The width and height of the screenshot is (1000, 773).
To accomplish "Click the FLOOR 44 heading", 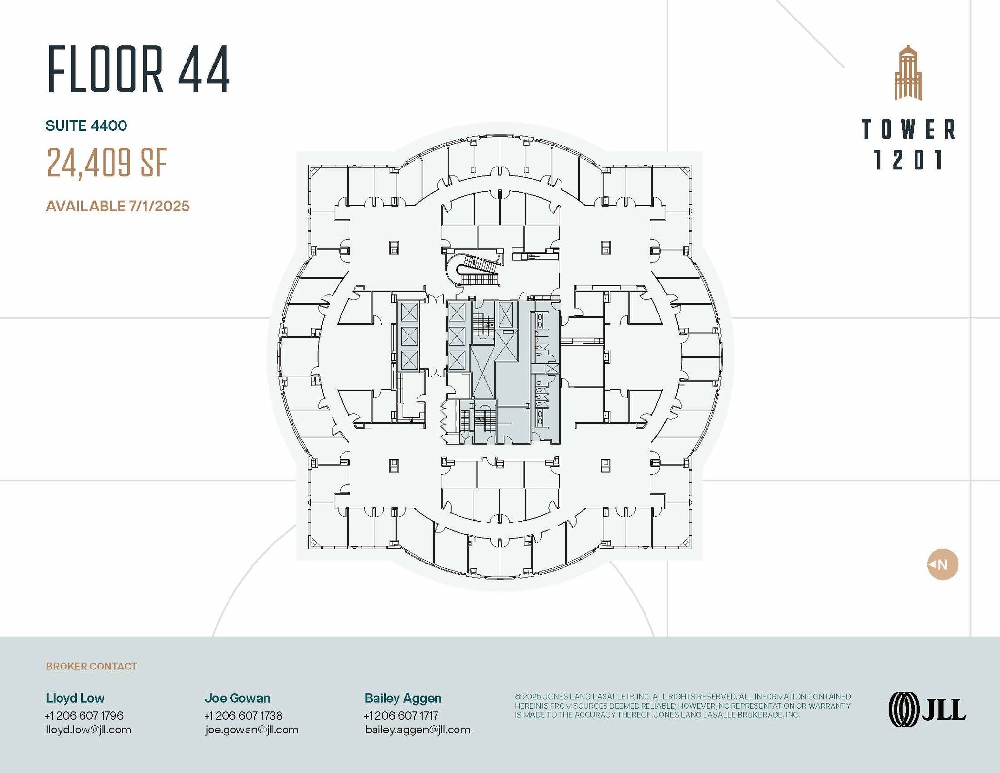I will (139, 69).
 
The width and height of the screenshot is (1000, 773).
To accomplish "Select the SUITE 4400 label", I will (86, 126).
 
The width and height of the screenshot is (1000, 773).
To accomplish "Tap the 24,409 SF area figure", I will (107, 163).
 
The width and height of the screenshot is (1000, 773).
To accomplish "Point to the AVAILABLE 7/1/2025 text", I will (118, 206).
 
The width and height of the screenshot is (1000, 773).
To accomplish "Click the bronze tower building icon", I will (908, 73).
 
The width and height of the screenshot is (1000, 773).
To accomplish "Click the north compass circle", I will (942, 564).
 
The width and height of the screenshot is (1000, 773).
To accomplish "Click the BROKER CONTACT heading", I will (91, 666).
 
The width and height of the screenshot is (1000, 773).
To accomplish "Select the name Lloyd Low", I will (75, 698).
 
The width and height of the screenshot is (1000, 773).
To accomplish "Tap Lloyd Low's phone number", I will (84, 715).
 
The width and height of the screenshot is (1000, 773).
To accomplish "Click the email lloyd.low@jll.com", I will (88, 730).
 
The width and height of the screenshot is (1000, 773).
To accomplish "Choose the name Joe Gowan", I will (237, 698).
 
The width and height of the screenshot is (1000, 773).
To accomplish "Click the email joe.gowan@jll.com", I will (251, 730).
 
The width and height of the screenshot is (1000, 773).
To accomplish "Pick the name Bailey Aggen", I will (403, 698).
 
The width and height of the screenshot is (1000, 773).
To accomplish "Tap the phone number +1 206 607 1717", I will (401, 715).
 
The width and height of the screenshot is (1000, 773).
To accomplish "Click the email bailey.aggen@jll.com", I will (417, 730).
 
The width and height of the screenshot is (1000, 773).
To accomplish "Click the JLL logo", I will (927, 709).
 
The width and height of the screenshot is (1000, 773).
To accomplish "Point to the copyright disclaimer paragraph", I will (682, 706).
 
